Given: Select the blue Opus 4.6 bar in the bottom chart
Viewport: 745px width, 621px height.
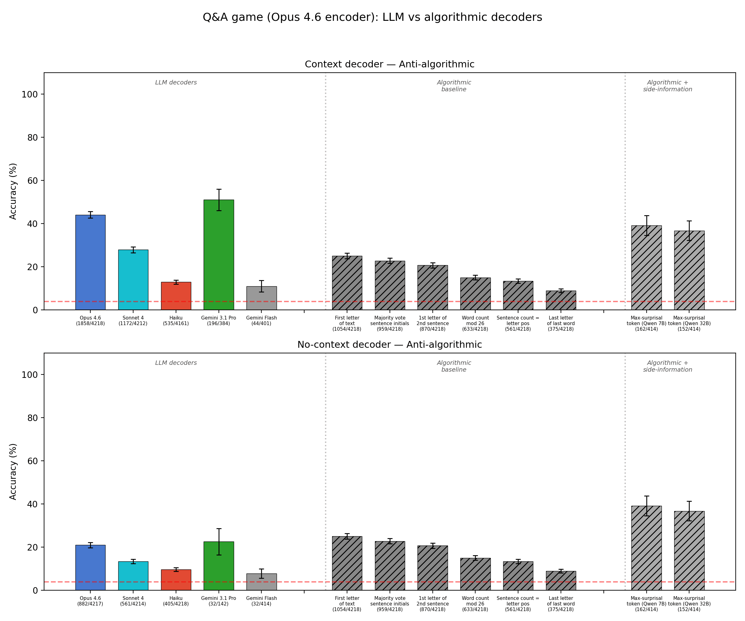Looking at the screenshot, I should [x=90, y=568].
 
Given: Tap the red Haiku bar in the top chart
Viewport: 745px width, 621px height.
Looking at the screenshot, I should [x=176, y=296].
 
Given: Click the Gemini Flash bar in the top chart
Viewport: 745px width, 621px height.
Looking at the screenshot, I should [x=261, y=298].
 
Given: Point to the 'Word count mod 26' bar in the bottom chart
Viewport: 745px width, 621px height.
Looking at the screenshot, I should [x=475, y=574].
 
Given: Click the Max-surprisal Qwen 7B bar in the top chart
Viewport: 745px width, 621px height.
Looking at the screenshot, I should [x=646, y=268].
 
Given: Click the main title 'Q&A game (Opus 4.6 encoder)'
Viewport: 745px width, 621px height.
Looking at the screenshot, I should [x=372, y=17].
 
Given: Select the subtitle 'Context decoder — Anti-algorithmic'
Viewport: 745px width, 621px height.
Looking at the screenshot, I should [x=389, y=64].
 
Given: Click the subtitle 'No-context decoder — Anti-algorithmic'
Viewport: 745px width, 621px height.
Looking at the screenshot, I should [x=389, y=345].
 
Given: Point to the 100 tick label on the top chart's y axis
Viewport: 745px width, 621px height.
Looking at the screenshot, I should [x=30, y=94].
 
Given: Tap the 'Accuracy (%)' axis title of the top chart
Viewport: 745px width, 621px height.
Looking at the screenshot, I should [x=13, y=191].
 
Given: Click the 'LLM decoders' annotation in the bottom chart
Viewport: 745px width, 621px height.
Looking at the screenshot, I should [x=176, y=363].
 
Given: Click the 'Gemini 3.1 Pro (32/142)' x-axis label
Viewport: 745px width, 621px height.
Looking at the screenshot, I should [x=219, y=601].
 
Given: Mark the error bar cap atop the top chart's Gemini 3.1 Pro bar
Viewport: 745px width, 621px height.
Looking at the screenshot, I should [x=219, y=189].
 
